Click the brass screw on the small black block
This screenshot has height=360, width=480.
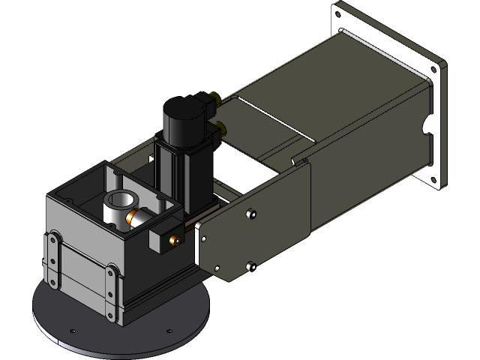coord(175,240)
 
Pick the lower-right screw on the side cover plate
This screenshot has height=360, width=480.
coord(250,265)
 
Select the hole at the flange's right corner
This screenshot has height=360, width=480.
coord(435,69)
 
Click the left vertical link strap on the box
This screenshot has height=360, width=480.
coord(53,259)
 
